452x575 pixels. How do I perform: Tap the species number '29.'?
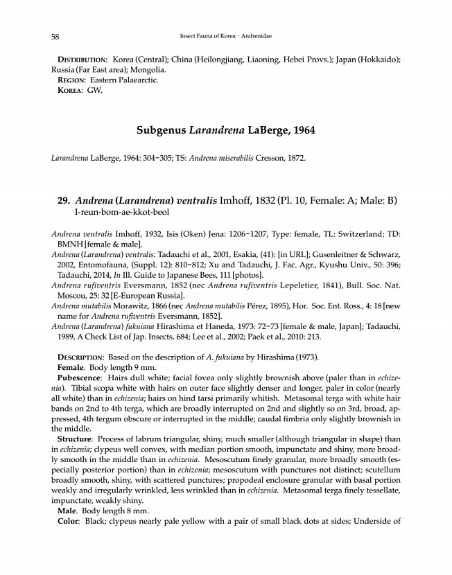(x=64, y=201)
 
